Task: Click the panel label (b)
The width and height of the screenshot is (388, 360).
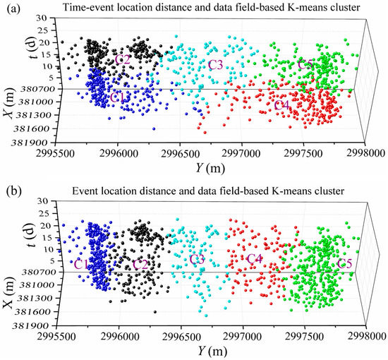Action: (11, 191)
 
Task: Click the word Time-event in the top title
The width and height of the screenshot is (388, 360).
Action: (90, 8)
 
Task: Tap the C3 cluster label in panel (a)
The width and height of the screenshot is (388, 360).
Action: (216, 65)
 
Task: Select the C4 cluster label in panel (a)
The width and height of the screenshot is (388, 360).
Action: (281, 105)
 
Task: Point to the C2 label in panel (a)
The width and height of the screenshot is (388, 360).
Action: (122, 59)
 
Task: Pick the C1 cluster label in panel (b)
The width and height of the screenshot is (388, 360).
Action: (83, 265)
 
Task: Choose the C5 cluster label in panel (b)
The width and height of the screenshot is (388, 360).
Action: (346, 264)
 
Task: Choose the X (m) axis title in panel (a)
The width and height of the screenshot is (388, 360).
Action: (10, 113)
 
